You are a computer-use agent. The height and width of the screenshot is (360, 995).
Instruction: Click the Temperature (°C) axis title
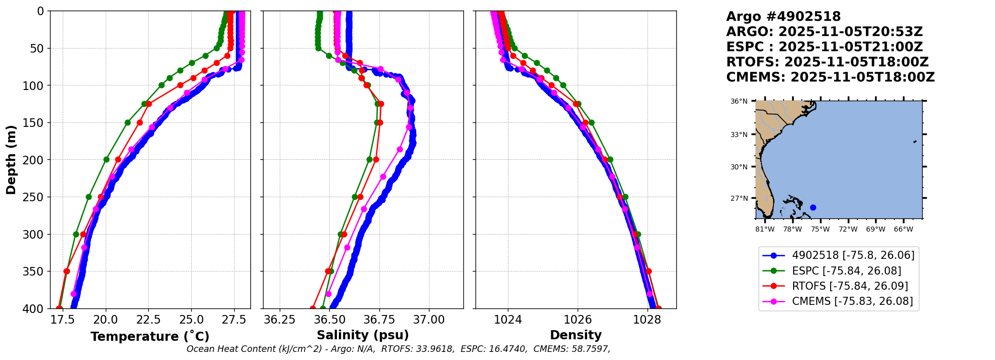coord(150,337)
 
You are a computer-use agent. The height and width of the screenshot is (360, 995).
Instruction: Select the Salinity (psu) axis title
coord(363,335)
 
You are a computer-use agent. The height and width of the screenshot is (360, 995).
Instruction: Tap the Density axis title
coord(576,335)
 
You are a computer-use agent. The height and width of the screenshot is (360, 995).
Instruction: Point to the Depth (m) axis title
coord(11,160)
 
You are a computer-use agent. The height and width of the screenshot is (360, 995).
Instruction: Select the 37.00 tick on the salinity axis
coord(429,320)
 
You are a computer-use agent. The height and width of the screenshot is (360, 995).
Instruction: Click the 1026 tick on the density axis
coord(578,320)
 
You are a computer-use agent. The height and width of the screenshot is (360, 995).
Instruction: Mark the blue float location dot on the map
coord(813,207)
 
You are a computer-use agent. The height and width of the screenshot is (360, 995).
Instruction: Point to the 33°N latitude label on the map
coord(739,134)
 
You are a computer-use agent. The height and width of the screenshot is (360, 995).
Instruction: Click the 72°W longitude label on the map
coord(848,229)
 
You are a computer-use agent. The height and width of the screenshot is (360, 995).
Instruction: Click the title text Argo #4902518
coord(783,17)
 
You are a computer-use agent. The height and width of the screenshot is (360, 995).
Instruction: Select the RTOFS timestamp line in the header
coord(827,62)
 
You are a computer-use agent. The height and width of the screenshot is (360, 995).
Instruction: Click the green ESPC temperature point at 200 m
coord(106,159)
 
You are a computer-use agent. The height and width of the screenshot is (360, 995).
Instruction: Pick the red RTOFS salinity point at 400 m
coord(313,308)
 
